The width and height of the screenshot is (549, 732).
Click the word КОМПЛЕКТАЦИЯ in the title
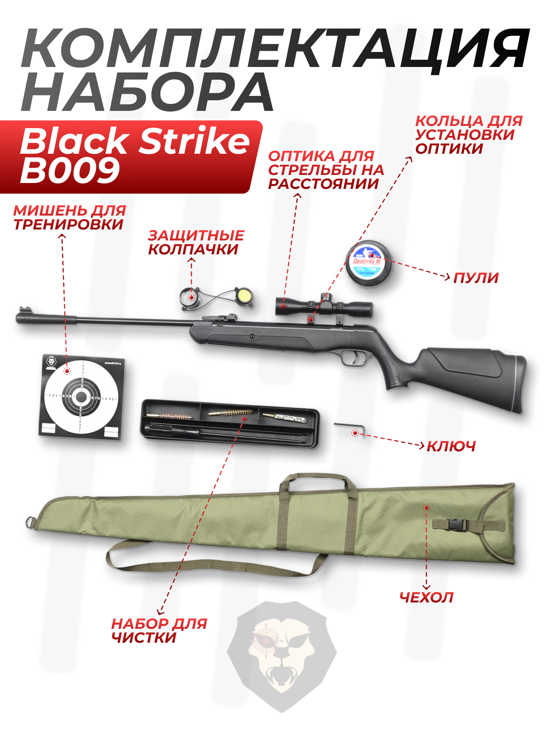coord(274,49)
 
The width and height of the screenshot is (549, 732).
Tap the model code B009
coord(70,171)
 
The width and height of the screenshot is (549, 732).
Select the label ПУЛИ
coord(476,278)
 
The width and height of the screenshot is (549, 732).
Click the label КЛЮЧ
coord(451,446)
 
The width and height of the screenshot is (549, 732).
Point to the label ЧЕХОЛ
coord(426,597)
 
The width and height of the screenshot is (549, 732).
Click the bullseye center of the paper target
coord(81,397)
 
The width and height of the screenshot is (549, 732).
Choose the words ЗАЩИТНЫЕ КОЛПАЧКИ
coord(196,242)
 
